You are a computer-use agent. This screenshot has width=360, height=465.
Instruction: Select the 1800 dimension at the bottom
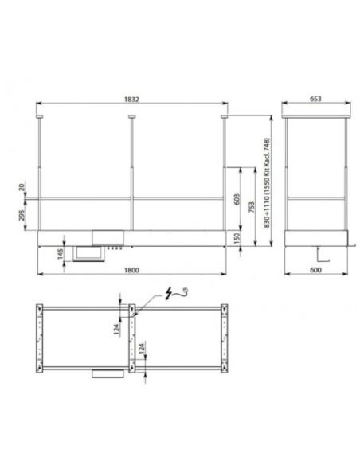[132, 271]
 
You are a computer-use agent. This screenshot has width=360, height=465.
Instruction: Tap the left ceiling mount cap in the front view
[40, 118]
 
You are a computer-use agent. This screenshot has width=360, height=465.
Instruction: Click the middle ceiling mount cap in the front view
[131, 118]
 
